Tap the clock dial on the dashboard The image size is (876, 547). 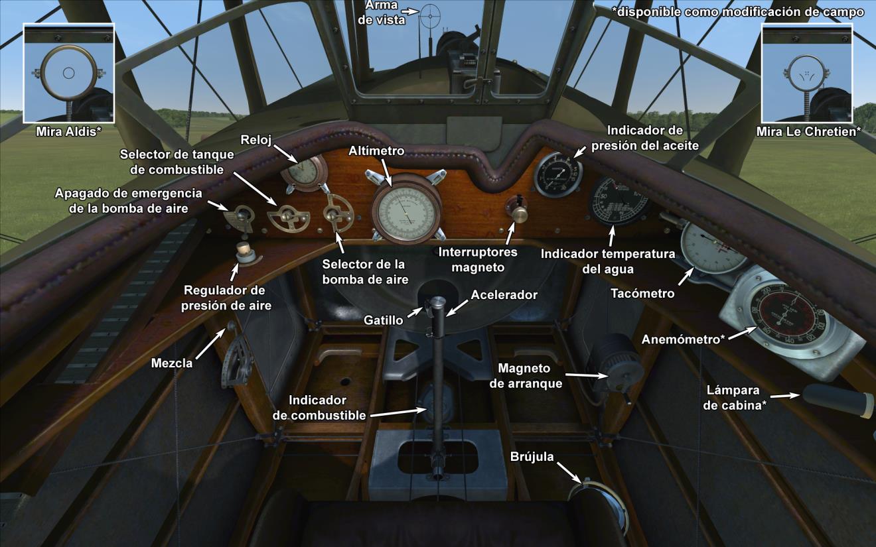(x=302, y=172)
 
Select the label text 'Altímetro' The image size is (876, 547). (x=376, y=152)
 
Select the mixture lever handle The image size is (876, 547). (x=230, y=327)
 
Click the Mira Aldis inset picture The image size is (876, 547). (x=69, y=73)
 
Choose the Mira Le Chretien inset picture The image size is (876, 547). (x=807, y=73)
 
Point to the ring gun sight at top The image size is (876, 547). (x=430, y=14)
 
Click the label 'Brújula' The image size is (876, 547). (x=532, y=456)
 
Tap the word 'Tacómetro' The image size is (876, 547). (x=642, y=293)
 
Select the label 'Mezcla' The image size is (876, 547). (x=172, y=363)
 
